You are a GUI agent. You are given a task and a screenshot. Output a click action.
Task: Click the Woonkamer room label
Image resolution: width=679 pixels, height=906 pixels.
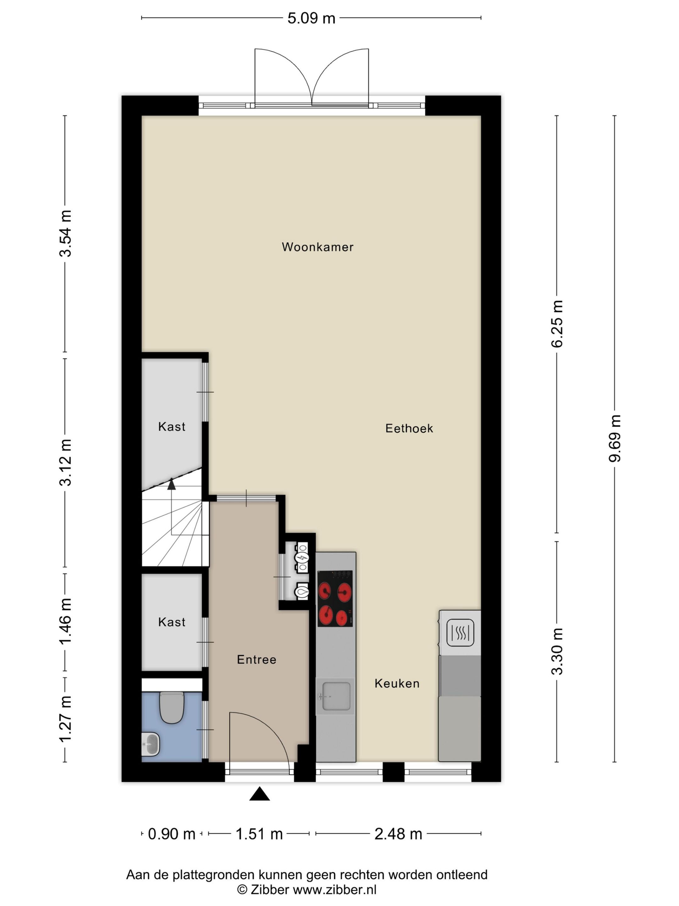(317, 247)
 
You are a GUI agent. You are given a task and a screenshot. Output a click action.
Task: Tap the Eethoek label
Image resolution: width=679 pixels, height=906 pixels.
(409, 428)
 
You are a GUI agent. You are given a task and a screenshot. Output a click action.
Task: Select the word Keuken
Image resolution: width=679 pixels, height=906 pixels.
(397, 684)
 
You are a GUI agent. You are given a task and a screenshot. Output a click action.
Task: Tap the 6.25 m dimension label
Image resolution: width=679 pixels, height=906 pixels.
(557, 324)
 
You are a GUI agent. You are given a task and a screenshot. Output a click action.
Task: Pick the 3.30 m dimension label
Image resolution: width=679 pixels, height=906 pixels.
(557, 651)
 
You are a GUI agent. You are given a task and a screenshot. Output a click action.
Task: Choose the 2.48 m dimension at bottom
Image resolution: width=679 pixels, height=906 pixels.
(398, 834)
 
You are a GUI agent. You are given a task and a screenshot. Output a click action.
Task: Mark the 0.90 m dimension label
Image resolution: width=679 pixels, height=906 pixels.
(172, 834)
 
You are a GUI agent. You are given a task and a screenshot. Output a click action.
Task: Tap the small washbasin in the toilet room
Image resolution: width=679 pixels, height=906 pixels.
(151, 743)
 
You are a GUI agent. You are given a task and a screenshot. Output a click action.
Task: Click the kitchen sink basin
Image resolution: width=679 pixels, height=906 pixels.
(336, 696)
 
